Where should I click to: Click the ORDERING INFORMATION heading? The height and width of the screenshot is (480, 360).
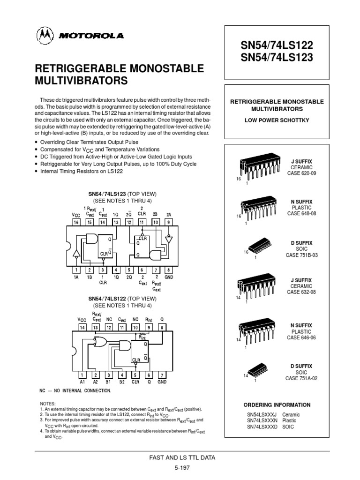pyautogui.click(x=277, y=405)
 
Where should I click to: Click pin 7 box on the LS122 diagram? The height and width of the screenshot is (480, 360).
pyautogui.click(x=162, y=375)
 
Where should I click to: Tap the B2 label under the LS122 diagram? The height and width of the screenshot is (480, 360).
pyautogui.click(x=122, y=382)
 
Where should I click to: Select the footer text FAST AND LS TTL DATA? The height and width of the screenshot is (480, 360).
pyautogui.click(x=180, y=457)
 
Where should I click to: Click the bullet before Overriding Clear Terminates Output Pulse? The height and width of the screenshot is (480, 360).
pyautogui.click(x=37, y=142)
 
